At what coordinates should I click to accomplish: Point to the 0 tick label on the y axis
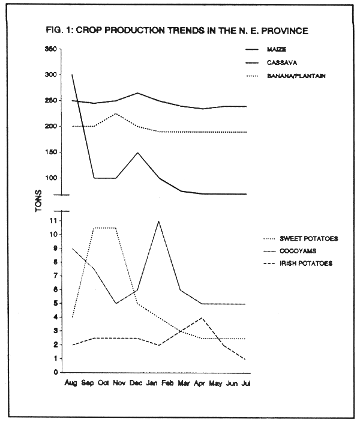tap(55, 373)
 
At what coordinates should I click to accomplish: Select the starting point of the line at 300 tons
tap(72, 75)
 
